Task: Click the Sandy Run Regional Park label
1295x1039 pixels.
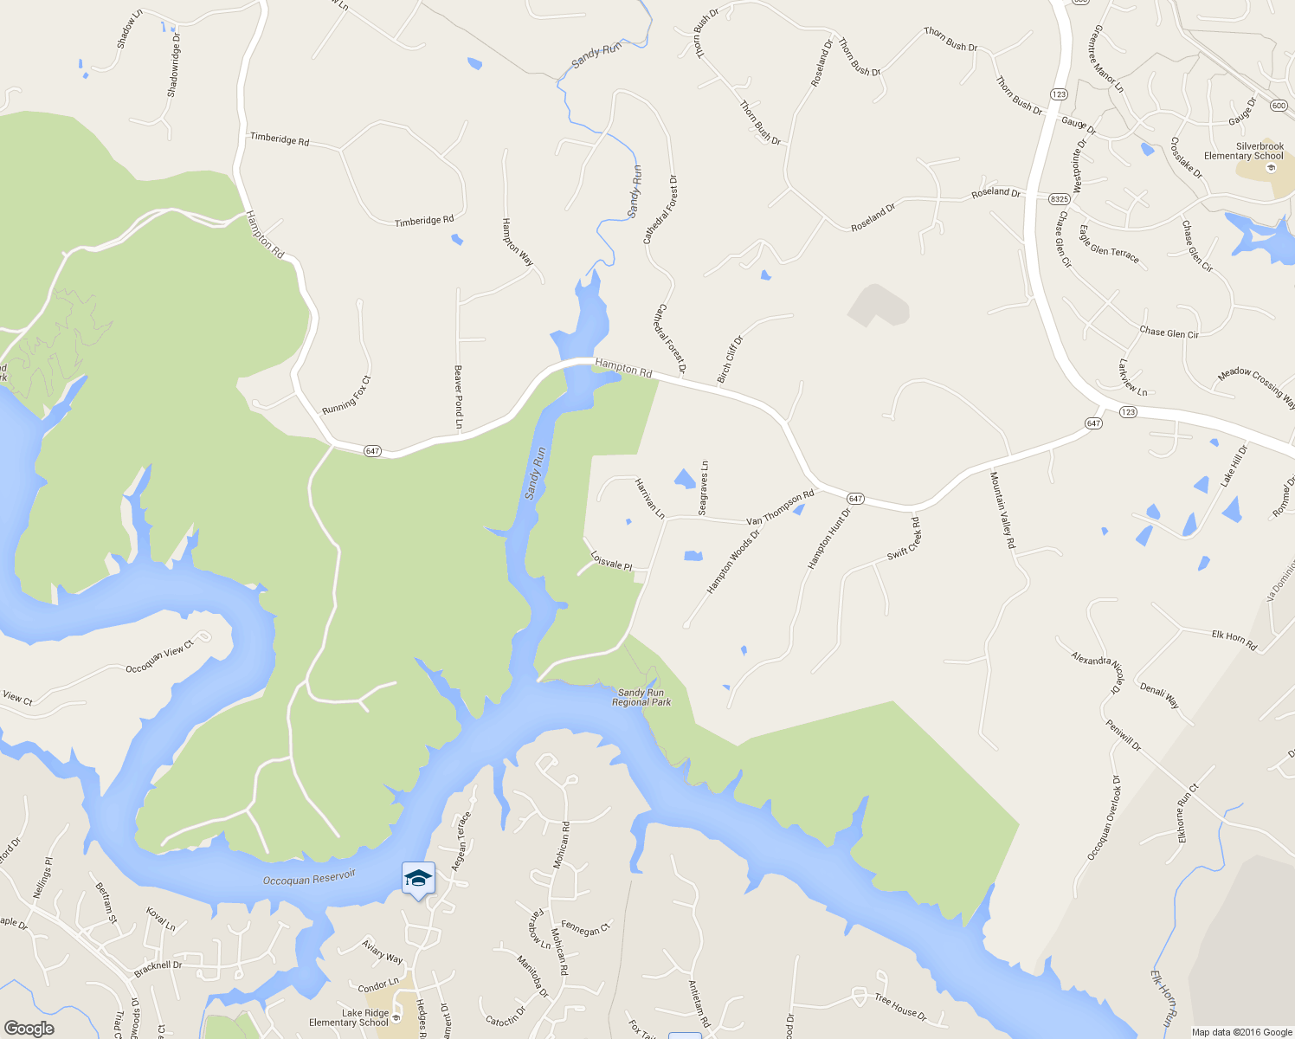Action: [x=641, y=698]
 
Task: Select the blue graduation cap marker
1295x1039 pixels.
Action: [x=418, y=878]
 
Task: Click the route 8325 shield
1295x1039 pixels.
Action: [x=1059, y=199]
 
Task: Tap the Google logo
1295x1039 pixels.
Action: [x=29, y=1029]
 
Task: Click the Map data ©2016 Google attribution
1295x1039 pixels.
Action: [x=1241, y=1032]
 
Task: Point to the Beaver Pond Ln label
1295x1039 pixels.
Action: [x=459, y=397]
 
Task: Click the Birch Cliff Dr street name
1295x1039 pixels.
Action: [x=730, y=359]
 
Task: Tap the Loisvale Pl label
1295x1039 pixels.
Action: [x=611, y=561]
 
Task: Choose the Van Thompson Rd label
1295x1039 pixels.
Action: [x=781, y=508]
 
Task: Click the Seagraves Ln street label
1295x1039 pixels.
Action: [x=704, y=488]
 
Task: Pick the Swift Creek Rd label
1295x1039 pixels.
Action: [x=905, y=539]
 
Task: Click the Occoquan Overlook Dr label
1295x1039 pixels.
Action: [x=1104, y=818]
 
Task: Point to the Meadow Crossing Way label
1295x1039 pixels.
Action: [x=1256, y=386]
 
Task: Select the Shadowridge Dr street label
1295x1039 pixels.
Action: [x=174, y=65]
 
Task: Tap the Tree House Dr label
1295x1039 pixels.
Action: [x=900, y=1007]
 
